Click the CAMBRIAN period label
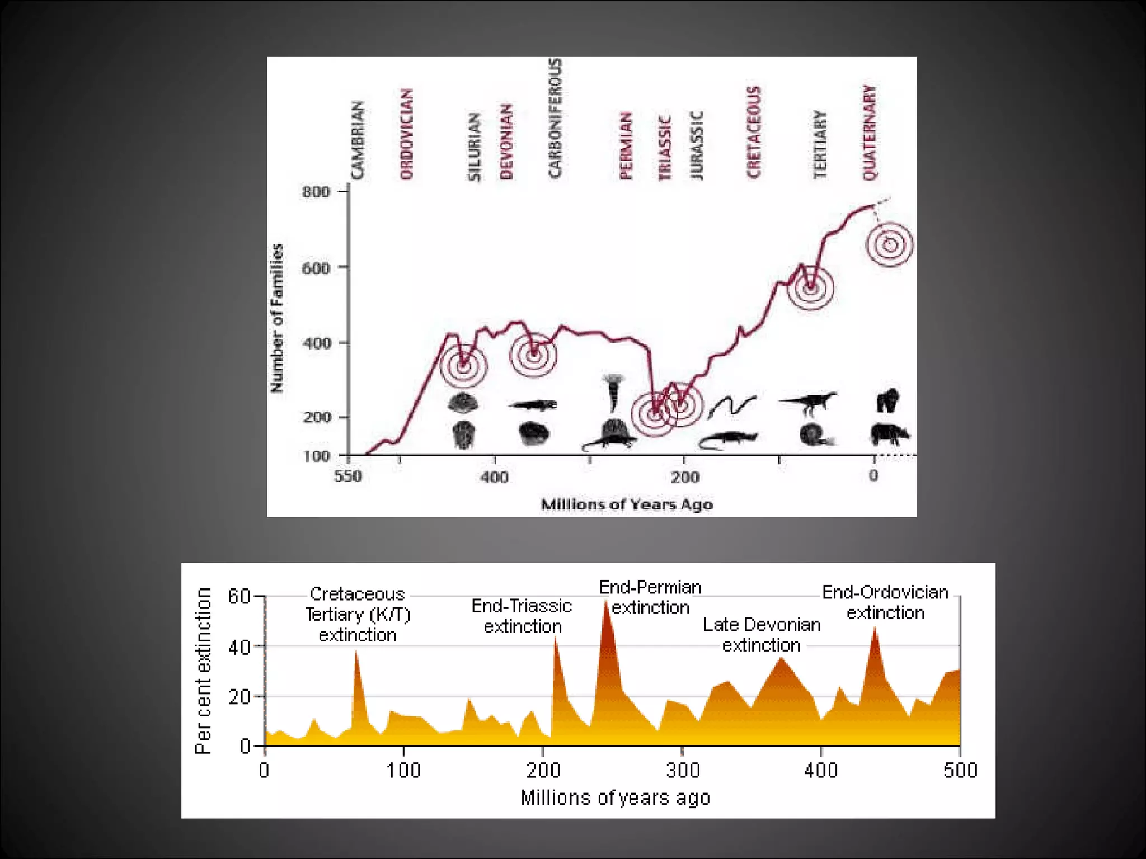[358, 140]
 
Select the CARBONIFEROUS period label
[555, 118]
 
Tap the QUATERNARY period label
[869, 133]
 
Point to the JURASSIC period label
[696, 145]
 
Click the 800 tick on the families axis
[316, 192]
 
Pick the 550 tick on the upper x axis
[348, 476]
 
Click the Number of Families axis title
[276, 318]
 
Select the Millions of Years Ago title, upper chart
[627, 504]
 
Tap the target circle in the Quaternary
[889, 244]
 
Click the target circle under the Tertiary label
[810, 287]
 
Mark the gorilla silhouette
[888, 400]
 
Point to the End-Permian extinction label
[650, 597]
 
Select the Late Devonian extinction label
[762, 635]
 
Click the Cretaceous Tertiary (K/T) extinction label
[358, 614]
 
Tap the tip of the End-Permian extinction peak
[606, 601]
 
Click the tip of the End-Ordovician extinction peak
[875, 628]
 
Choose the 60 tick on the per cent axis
[239, 596]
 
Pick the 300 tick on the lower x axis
[683, 771]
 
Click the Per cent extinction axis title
[204, 671]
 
